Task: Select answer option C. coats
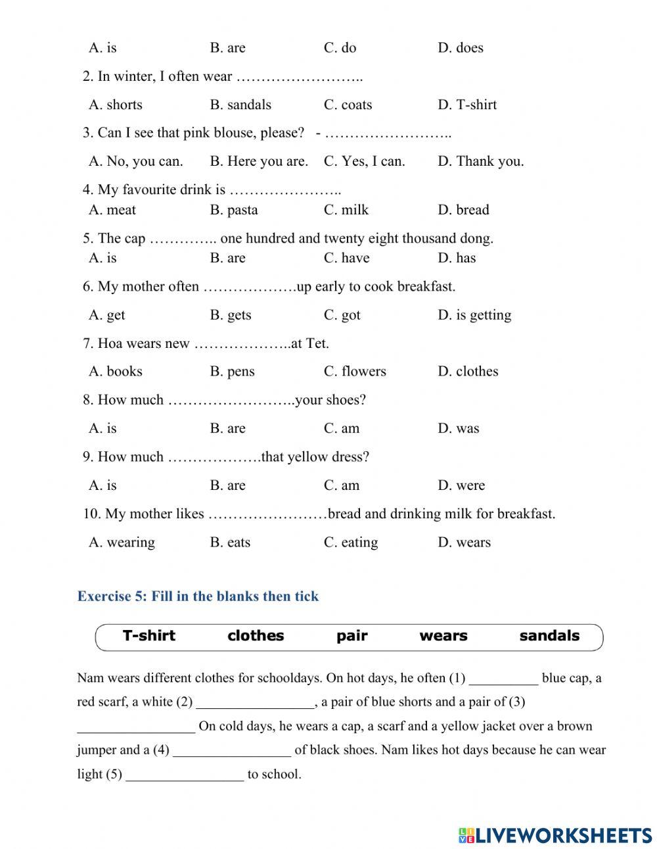348,105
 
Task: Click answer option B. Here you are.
258,161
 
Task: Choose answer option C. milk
346,210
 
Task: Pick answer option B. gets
231,315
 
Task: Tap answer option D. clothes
468,372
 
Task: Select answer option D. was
459,429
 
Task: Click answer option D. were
461,486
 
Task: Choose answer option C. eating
351,543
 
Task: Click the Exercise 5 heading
198,596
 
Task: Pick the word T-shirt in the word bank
149,636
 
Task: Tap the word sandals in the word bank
549,636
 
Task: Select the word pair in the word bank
351,636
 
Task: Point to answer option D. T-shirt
467,105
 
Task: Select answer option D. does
460,48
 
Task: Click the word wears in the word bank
443,636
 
